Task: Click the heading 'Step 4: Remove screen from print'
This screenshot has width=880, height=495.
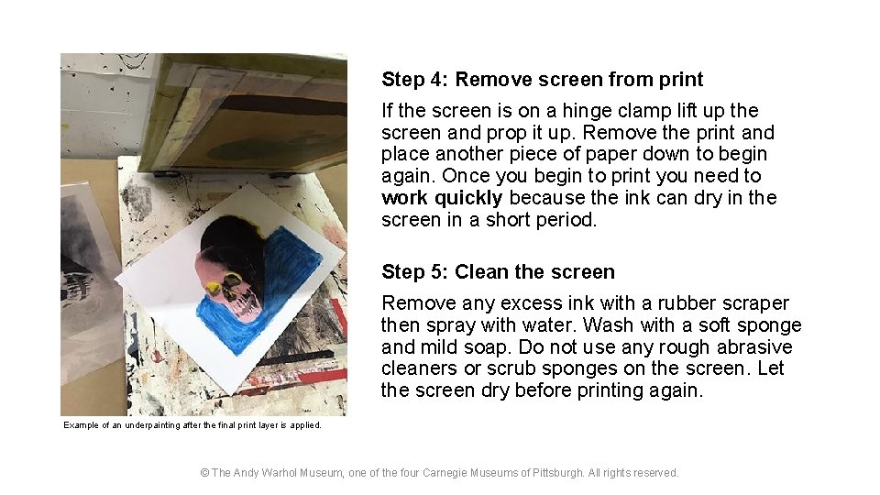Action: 542,79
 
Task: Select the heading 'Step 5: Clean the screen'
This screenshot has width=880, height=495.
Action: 498,271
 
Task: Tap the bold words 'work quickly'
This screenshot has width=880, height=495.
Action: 442,198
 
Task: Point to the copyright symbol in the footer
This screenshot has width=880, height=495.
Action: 204,473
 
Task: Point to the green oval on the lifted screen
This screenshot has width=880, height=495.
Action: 256,148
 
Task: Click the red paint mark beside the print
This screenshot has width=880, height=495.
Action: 340,315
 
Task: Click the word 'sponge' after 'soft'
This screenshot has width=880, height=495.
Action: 765,325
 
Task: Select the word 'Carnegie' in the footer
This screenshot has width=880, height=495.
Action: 445,473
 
